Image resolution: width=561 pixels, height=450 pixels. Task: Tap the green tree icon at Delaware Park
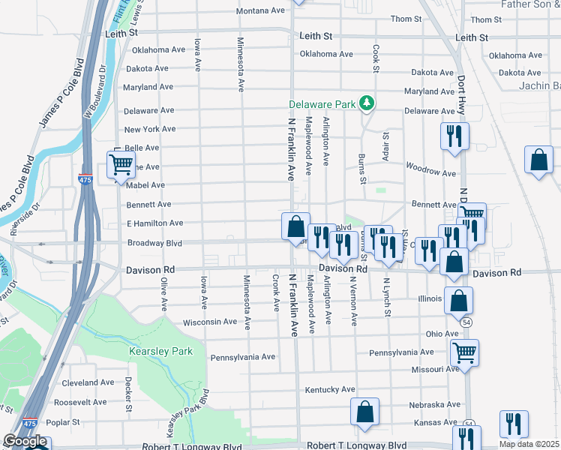pos(367,103)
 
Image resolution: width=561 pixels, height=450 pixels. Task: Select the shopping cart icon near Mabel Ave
pos(120,164)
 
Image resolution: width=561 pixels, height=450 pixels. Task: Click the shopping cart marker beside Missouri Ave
pos(464,351)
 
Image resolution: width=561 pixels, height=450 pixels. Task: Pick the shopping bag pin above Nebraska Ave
pos(364,412)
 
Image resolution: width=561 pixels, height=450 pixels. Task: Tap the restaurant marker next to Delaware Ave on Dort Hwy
pos(454,135)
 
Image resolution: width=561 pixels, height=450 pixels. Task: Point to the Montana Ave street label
pos(262,11)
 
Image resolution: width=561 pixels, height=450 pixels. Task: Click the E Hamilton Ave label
pos(155,223)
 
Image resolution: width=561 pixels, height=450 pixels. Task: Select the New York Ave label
pos(150,130)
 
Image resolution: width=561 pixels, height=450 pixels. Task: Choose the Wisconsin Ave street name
pos(210,322)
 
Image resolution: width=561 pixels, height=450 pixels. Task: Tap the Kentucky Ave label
pos(330,390)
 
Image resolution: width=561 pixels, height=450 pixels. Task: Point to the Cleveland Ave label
pos(88,382)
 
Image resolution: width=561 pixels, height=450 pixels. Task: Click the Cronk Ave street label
pos(276,293)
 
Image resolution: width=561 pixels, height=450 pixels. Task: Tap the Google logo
pos(25,441)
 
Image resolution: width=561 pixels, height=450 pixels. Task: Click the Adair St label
pos(386,145)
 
